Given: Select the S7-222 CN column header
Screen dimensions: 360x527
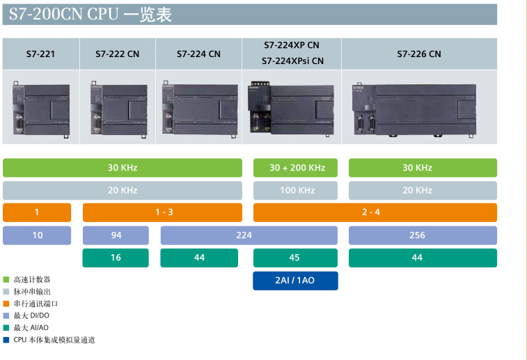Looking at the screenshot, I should click(x=118, y=54).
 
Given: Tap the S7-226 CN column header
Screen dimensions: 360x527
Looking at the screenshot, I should click(x=419, y=54).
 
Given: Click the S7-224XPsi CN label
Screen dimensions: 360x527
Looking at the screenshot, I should click(x=292, y=61).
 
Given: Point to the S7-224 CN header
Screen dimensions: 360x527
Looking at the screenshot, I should click(x=198, y=54).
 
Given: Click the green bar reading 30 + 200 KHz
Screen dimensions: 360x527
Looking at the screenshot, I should click(x=297, y=168).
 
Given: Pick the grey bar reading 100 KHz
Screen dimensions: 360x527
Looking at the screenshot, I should click(x=297, y=190).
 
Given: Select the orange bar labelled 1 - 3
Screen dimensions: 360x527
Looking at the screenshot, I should click(x=163, y=212).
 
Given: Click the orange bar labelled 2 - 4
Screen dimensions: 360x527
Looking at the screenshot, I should click(x=375, y=212).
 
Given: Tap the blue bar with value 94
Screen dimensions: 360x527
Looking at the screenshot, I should click(x=116, y=235).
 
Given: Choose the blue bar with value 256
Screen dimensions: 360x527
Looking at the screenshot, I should click(x=423, y=235).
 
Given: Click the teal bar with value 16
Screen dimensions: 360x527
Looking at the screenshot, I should click(x=116, y=258).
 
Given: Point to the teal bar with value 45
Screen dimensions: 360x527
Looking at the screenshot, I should click(x=295, y=258).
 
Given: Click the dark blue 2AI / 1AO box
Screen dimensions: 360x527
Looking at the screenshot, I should click(x=295, y=280).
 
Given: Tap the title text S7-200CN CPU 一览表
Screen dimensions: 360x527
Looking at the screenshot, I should click(x=91, y=14).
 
